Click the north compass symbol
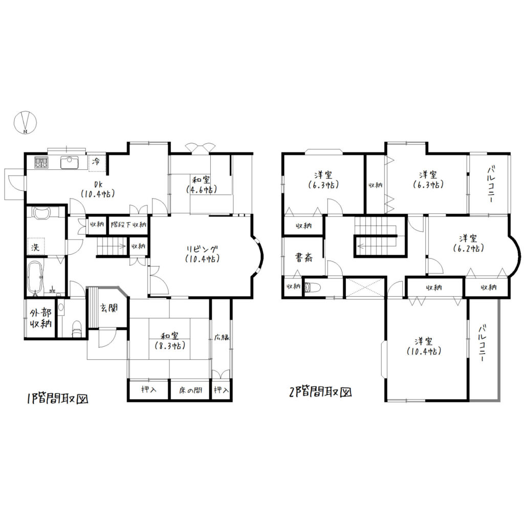click(x=25, y=122)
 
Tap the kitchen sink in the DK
click(x=70, y=162)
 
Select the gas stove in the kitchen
click(x=41, y=162)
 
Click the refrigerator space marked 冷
click(x=97, y=163)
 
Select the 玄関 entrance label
click(x=109, y=308)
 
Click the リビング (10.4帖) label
click(x=202, y=254)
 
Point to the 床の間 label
click(x=190, y=390)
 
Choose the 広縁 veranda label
click(x=222, y=337)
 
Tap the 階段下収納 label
click(x=128, y=224)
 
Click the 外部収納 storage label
click(x=41, y=318)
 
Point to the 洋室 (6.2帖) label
click(x=468, y=243)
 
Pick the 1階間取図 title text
click(x=57, y=399)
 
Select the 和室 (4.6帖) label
click(x=201, y=184)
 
